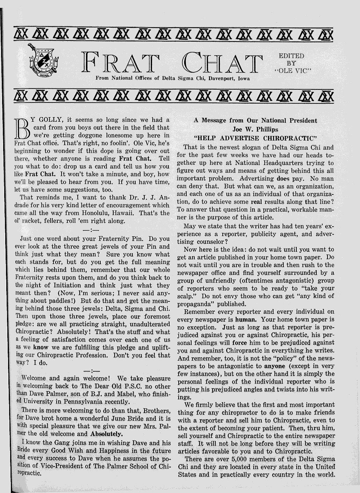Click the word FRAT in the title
(120, 63)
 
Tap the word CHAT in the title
(222, 63)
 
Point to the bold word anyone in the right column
(275, 366)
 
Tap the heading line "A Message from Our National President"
(255, 121)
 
